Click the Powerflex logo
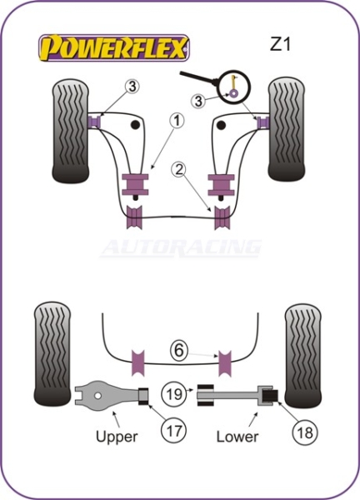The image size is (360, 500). point(114,47)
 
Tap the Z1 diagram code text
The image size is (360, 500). point(280,44)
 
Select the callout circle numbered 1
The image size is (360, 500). point(177,121)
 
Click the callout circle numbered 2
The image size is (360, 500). point(179,169)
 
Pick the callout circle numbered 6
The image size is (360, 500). point(179,351)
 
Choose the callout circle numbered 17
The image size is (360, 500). point(173,430)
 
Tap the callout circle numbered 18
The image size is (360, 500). point(305,432)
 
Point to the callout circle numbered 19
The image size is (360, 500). point(174,393)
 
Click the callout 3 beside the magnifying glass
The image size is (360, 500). point(198,101)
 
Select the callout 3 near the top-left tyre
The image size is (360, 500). point(132,87)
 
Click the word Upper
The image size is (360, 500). point(117,437)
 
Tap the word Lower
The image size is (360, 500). point(237,437)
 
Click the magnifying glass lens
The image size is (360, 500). point(235,87)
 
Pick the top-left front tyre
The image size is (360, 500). point(71,131)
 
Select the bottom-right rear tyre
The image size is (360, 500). point(303,356)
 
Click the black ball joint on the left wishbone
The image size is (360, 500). point(136,125)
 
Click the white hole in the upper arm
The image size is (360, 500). point(97,396)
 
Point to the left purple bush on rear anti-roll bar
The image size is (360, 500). point(138,362)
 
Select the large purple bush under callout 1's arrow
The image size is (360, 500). point(135,184)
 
